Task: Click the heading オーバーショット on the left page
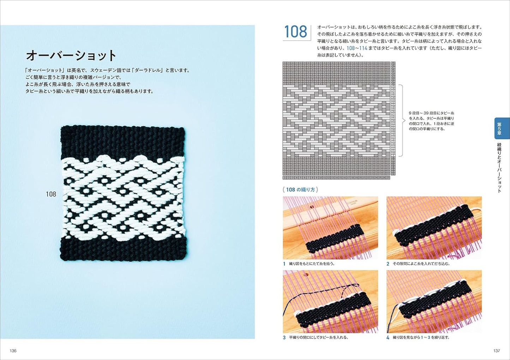pos(71,55)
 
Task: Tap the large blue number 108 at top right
pos(295,32)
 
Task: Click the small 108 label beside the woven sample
pos(51,194)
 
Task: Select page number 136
pos(13,351)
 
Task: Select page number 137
pos(496,351)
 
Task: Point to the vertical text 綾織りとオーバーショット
pos(499,168)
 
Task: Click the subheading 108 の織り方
pos(300,190)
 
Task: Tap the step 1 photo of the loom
pos(330,228)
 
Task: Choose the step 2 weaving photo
pos(434,228)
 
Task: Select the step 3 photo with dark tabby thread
pos(330,302)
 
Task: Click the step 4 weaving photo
pos(434,302)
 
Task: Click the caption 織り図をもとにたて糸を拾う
pos(312,264)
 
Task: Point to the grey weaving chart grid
pos(338,118)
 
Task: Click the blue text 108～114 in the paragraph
pos(356,48)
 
